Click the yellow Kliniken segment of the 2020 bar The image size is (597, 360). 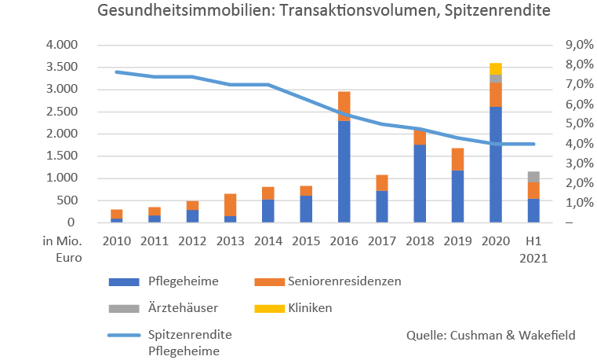pyautogui.click(x=495, y=68)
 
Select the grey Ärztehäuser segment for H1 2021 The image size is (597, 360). pyautogui.click(x=533, y=177)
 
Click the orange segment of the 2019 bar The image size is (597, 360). pyautogui.click(x=457, y=159)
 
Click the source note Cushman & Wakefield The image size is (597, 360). pyautogui.click(x=490, y=335)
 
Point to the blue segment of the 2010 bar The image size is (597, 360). pyautogui.click(x=116, y=220)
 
